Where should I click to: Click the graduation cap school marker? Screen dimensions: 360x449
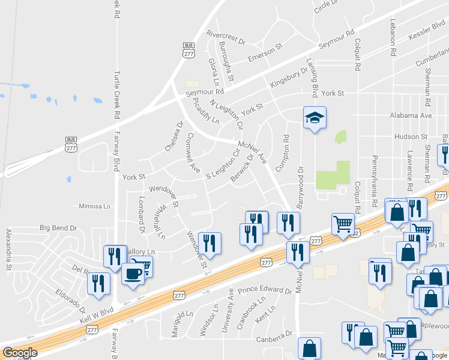[x=315, y=118]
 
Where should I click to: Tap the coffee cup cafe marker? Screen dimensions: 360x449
[x=133, y=273]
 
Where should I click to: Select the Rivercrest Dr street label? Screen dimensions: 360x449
[x=226, y=38]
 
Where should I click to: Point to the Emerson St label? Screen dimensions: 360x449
[x=265, y=53]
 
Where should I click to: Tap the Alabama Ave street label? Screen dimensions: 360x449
[x=411, y=115]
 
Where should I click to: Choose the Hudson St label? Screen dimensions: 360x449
[x=411, y=137]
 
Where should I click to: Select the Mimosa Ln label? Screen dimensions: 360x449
[x=95, y=206]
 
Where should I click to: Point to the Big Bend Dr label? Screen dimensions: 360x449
[x=59, y=228]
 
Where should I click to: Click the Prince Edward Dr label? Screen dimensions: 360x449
[x=264, y=290]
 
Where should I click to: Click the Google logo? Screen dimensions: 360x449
[x=20, y=353]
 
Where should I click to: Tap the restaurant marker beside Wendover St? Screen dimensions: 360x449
[x=209, y=242]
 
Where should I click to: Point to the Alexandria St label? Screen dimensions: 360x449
[x=8, y=242]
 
